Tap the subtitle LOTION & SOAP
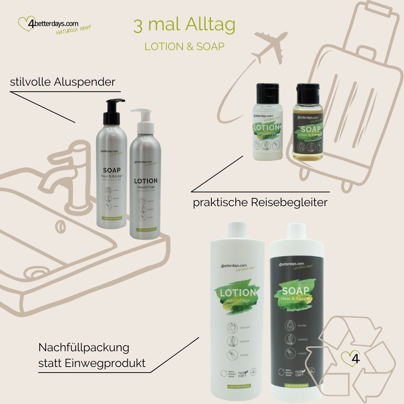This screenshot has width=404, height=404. (x=184, y=46)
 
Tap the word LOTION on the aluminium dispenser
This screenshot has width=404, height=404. (x=146, y=181)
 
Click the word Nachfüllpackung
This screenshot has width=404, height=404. (x=84, y=348)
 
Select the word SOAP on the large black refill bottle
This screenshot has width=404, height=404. (x=296, y=291)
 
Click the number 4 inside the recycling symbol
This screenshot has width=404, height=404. (x=356, y=358)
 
